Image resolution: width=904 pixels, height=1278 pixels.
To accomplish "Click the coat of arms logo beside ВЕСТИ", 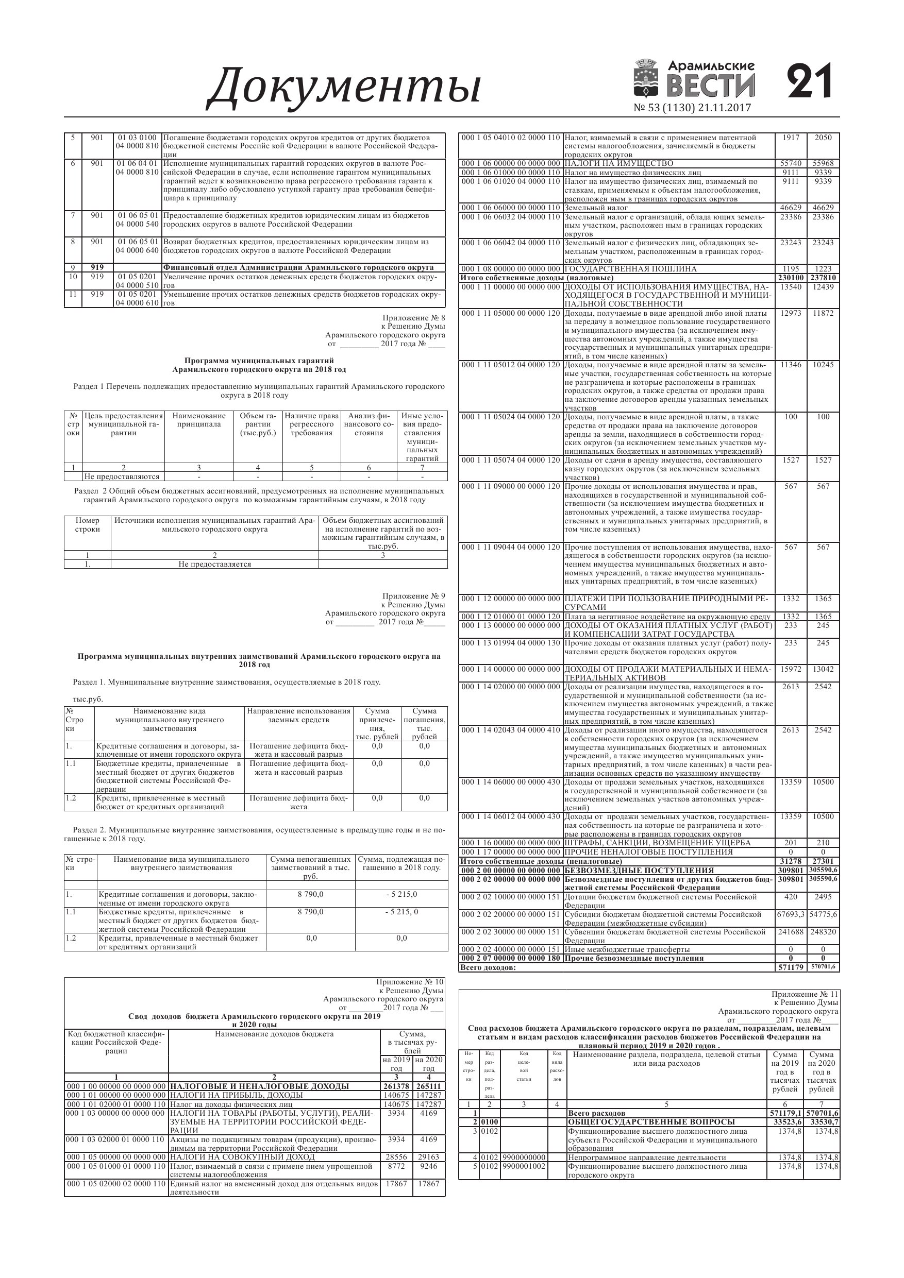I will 646,80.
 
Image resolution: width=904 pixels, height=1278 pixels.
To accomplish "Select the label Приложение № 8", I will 414,318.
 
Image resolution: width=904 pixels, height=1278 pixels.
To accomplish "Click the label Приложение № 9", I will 414,596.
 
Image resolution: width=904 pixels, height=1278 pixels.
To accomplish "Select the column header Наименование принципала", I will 199,420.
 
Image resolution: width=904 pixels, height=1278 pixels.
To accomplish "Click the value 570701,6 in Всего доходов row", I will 823,967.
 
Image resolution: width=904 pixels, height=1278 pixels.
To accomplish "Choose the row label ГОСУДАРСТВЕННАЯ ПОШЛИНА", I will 630,269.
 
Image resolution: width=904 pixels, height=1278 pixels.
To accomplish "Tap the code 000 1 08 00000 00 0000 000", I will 510,269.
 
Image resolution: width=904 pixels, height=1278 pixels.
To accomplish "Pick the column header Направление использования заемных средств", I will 298,715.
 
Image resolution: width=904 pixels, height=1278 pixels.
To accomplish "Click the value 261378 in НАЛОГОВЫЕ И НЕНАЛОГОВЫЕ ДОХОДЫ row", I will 396,1086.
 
